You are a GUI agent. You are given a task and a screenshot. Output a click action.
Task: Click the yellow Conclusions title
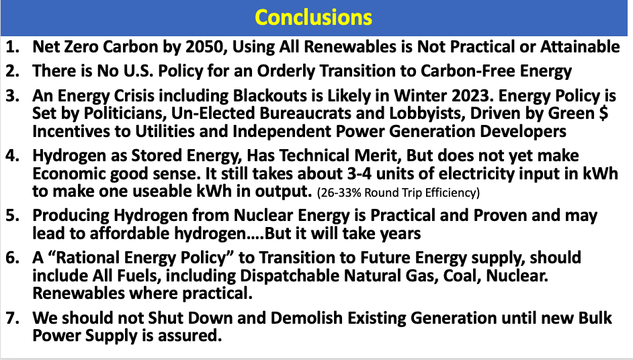[314, 17]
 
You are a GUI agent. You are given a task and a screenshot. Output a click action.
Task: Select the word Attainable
[580, 47]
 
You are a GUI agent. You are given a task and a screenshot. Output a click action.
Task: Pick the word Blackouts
[270, 96]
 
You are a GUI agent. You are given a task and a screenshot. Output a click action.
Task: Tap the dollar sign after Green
[603, 113]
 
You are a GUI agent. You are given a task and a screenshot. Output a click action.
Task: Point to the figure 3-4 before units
[359, 174]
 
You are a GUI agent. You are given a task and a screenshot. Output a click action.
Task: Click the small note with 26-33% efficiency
[398, 193]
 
